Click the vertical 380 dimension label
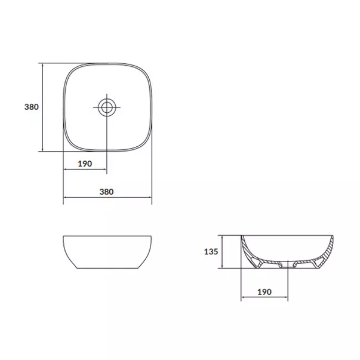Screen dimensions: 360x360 [x=31, y=107]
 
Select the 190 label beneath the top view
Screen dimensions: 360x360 [x=84, y=164]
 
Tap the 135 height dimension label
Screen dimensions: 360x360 [x=209, y=251]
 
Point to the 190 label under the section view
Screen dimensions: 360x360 [x=264, y=292]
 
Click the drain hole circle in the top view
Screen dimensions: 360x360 [x=107, y=107]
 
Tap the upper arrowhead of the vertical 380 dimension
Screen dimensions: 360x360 [x=43, y=65]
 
